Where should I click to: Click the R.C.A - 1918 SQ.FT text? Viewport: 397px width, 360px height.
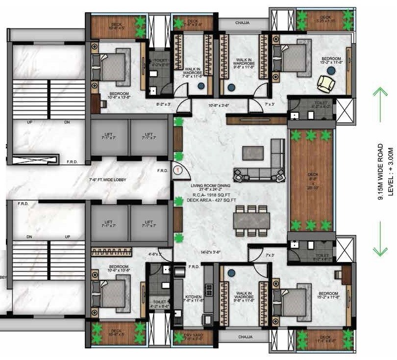coord(213,195)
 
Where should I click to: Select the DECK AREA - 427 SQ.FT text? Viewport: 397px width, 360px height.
coord(214,200)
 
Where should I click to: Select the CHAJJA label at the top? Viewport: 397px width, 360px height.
coord(240,22)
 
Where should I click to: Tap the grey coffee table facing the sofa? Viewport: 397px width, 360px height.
coord(252,153)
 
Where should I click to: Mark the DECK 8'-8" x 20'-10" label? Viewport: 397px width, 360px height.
coord(312,180)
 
